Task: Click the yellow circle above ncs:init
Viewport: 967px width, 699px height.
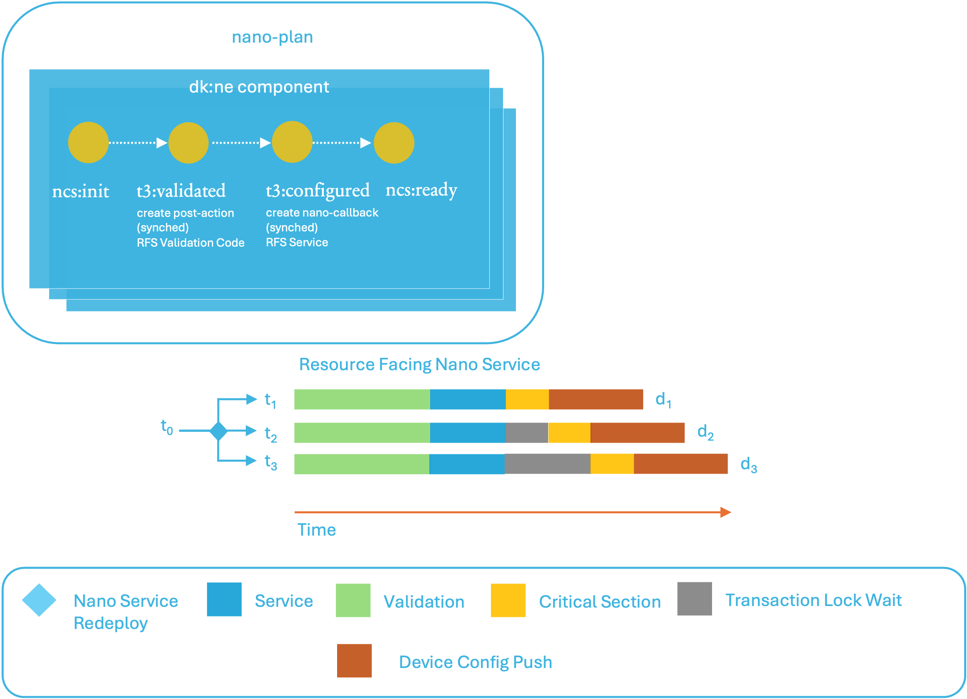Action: tap(88, 142)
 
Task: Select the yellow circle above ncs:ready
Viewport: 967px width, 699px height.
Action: tap(393, 143)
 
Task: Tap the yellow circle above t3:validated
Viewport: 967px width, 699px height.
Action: tap(188, 143)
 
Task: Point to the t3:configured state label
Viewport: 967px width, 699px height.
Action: tap(318, 190)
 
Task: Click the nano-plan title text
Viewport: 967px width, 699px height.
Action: tap(272, 37)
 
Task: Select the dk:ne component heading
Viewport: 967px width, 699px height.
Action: tap(259, 87)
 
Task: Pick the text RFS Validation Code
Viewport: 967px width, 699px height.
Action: tap(191, 243)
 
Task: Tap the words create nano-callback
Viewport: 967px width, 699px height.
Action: tap(322, 212)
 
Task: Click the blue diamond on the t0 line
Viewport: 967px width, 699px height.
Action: tap(219, 431)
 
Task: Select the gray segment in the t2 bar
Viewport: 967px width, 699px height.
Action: tap(526, 433)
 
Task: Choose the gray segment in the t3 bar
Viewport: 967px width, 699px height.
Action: tap(547, 464)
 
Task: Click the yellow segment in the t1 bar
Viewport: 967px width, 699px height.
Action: tap(527, 400)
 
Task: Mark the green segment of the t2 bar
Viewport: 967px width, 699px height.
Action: tap(362, 433)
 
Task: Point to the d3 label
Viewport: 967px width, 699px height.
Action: tap(749, 464)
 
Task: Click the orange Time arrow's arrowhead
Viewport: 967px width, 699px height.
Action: tap(726, 512)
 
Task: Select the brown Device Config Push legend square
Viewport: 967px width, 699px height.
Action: tap(354, 661)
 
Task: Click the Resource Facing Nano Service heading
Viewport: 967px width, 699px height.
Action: tap(419, 365)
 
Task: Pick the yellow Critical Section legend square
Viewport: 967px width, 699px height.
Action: tap(508, 600)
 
